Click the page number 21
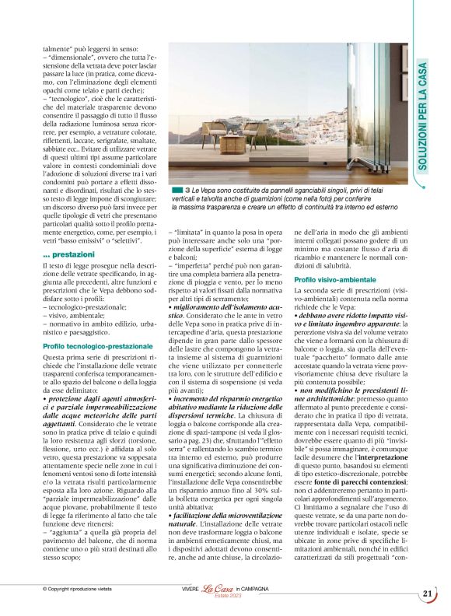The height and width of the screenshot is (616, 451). (427, 594)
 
